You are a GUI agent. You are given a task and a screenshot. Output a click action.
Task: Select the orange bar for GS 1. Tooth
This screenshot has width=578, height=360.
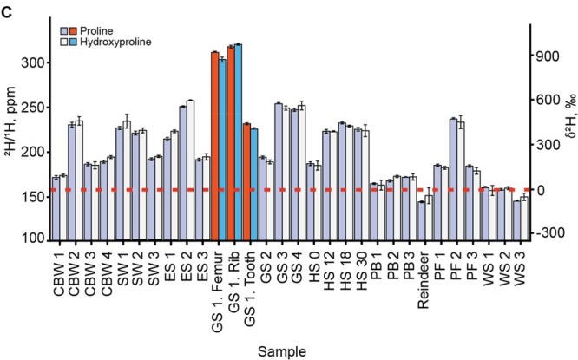click(246, 182)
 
